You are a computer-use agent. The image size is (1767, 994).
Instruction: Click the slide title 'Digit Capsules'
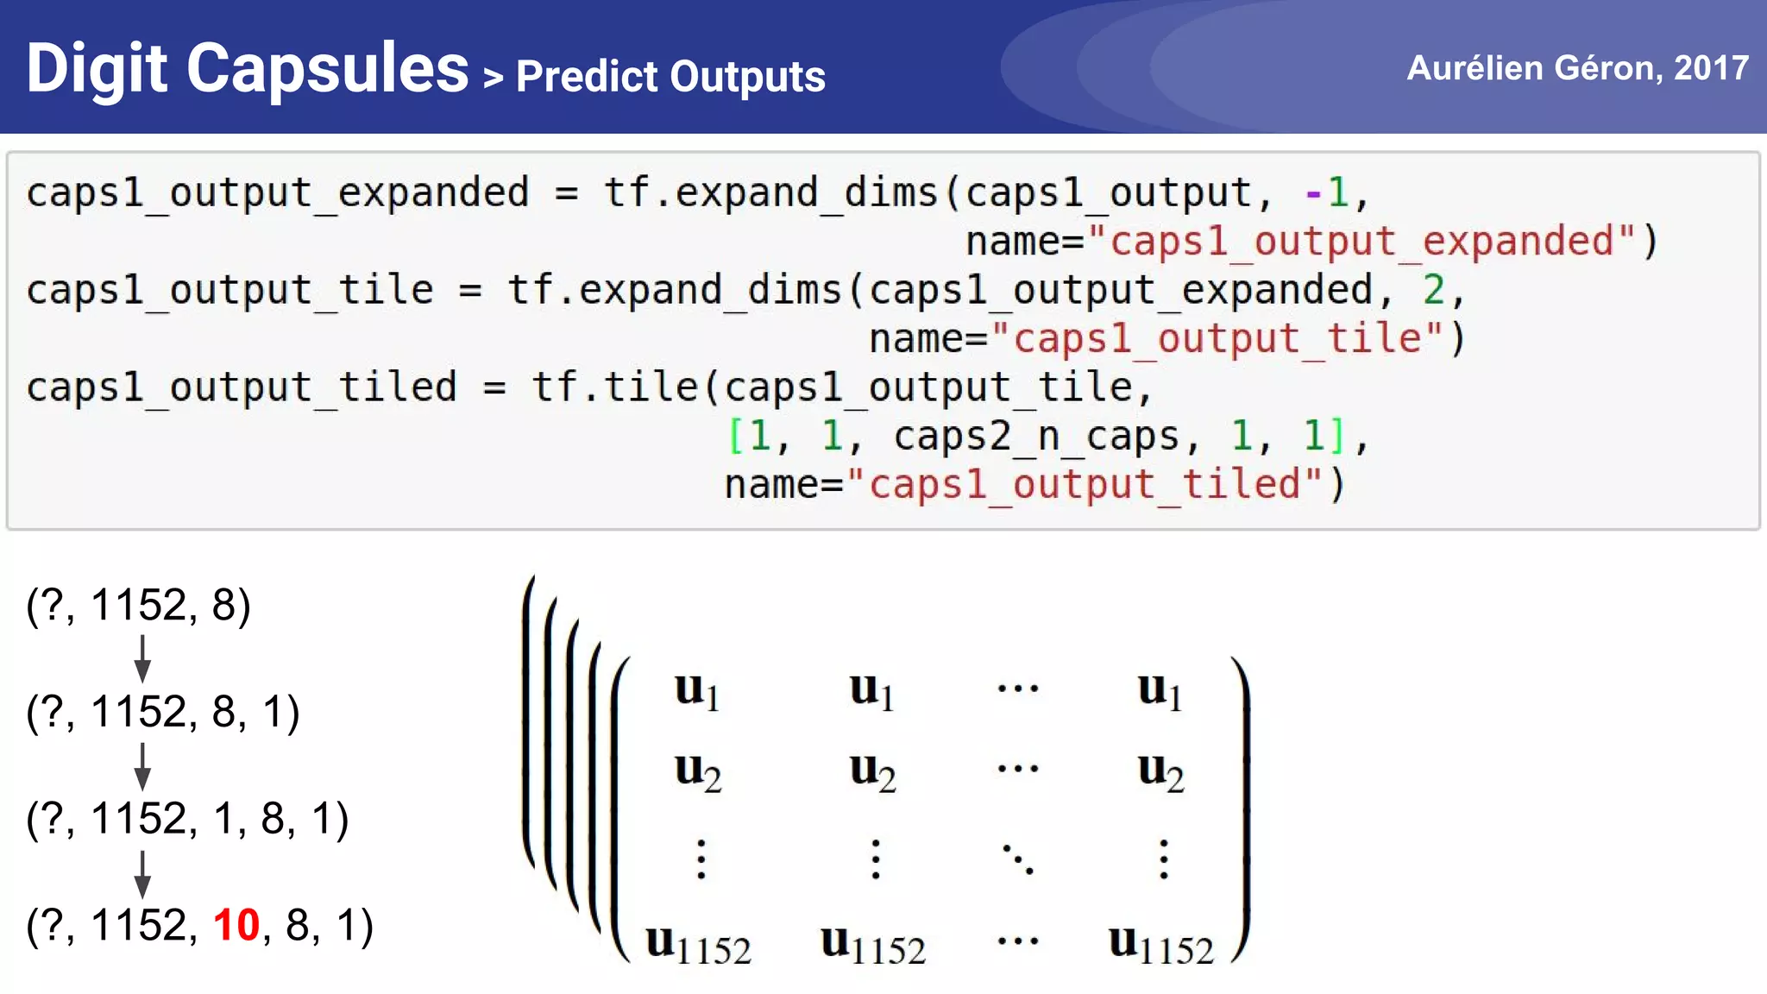pyautogui.click(x=248, y=69)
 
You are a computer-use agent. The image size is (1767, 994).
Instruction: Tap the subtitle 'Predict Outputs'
pyautogui.click(x=670, y=77)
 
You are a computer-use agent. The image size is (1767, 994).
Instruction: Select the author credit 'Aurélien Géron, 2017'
pyautogui.click(x=1577, y=67)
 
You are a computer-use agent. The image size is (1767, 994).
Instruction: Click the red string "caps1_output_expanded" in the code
pyautogui.click(x=1361, y=242)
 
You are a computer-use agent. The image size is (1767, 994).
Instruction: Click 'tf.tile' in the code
pyautogui.click(x=614, y=387)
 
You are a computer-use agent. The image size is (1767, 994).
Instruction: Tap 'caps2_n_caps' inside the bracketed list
pyautogui.click(x=1035, y=436)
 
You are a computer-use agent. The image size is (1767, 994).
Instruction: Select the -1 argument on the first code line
pyautogui.click(x=1326, y=192)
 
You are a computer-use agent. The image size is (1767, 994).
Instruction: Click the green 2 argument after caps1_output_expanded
pyautogui.click(x=1433, y=290)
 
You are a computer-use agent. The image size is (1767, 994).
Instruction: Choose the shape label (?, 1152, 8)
pyautogui.click(x=139, y=605)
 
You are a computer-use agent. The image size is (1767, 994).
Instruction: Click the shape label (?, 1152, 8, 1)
pyautogui.click(x=163, y=712)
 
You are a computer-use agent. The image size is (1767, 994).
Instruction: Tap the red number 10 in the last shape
pyautogui.click(x=236, y=925)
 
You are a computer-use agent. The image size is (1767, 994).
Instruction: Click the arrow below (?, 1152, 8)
pyautogui.click(x=143, y=658)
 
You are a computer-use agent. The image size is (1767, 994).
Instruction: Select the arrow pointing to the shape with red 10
pyautogui.click(x=143, y=873)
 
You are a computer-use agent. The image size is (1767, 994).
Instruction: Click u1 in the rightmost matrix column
pyautogui.click(x=1160, y=691)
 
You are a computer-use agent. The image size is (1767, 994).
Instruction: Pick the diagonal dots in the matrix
pyautogui.click(x=1018, y=859)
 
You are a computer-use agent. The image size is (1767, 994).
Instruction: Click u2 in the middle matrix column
pyautogui.click(x=872, y=771)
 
